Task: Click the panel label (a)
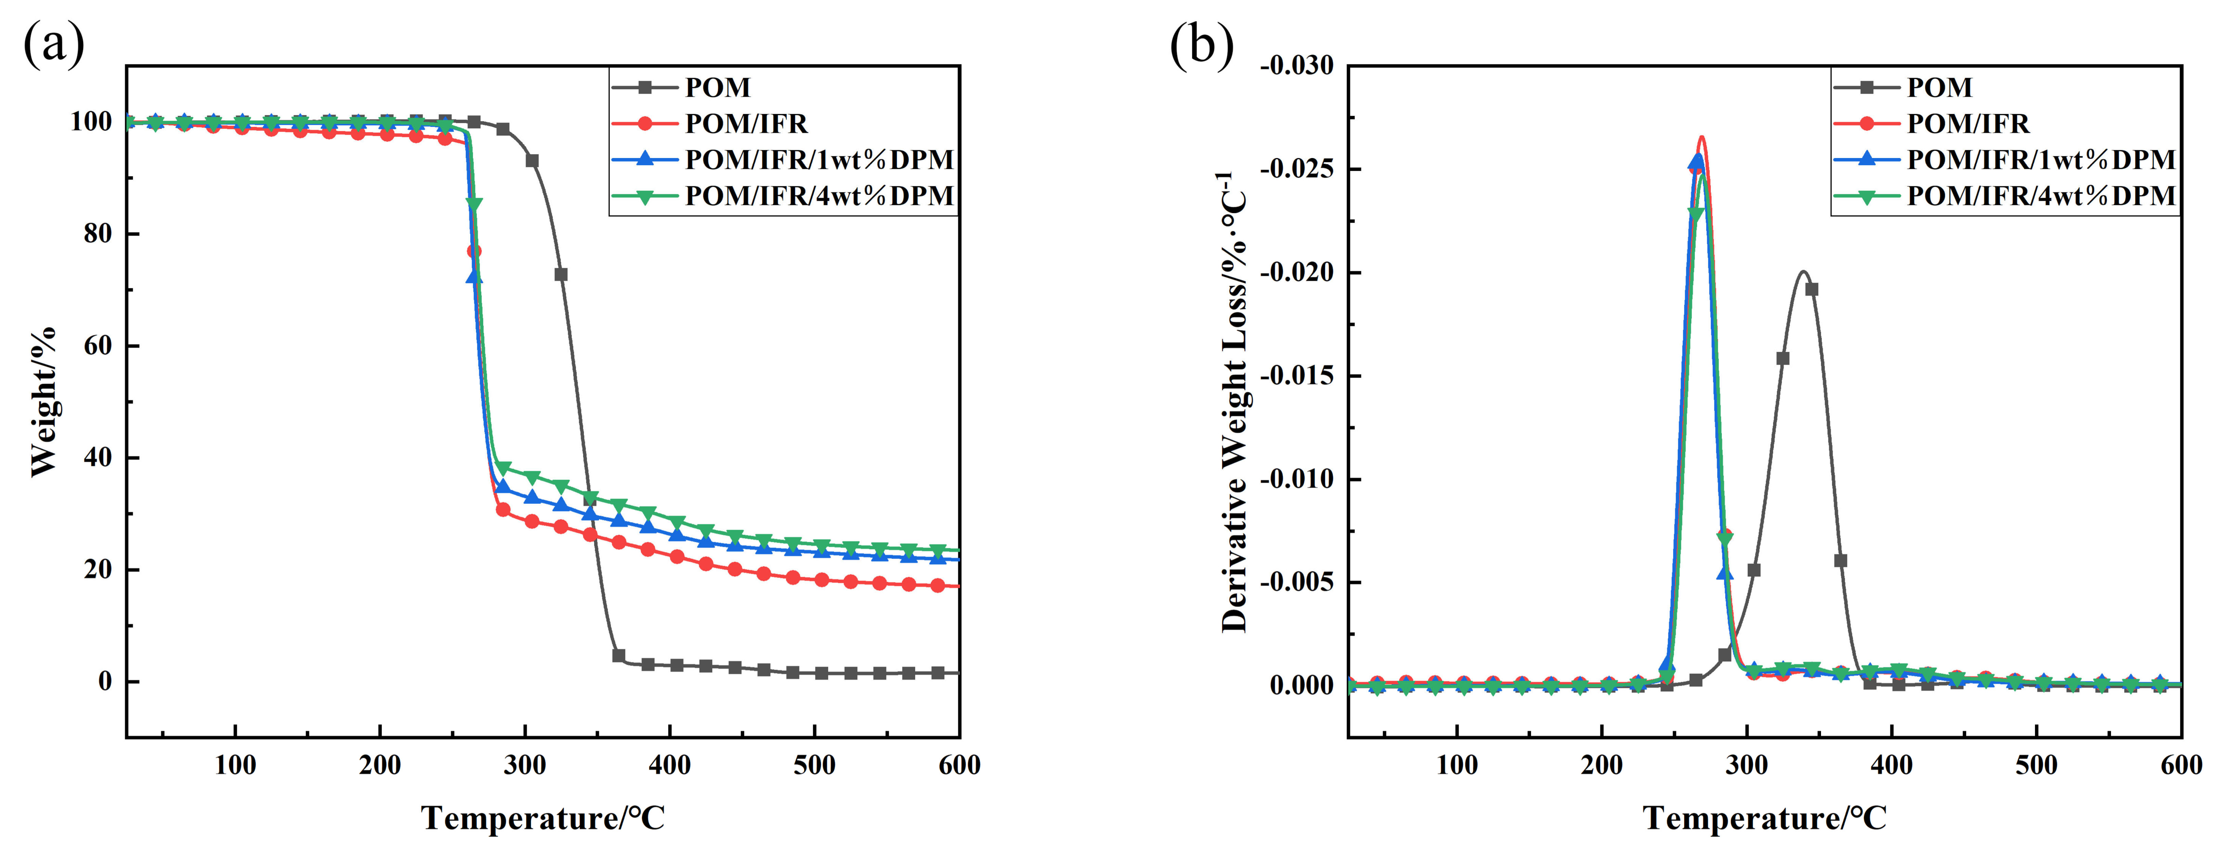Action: tap(53, 45)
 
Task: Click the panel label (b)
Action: tap(1202, 45)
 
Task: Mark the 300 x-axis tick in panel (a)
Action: tap(524, 765)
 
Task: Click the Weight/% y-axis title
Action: tap(43, 401)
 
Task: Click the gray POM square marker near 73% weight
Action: tap(561, 274)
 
